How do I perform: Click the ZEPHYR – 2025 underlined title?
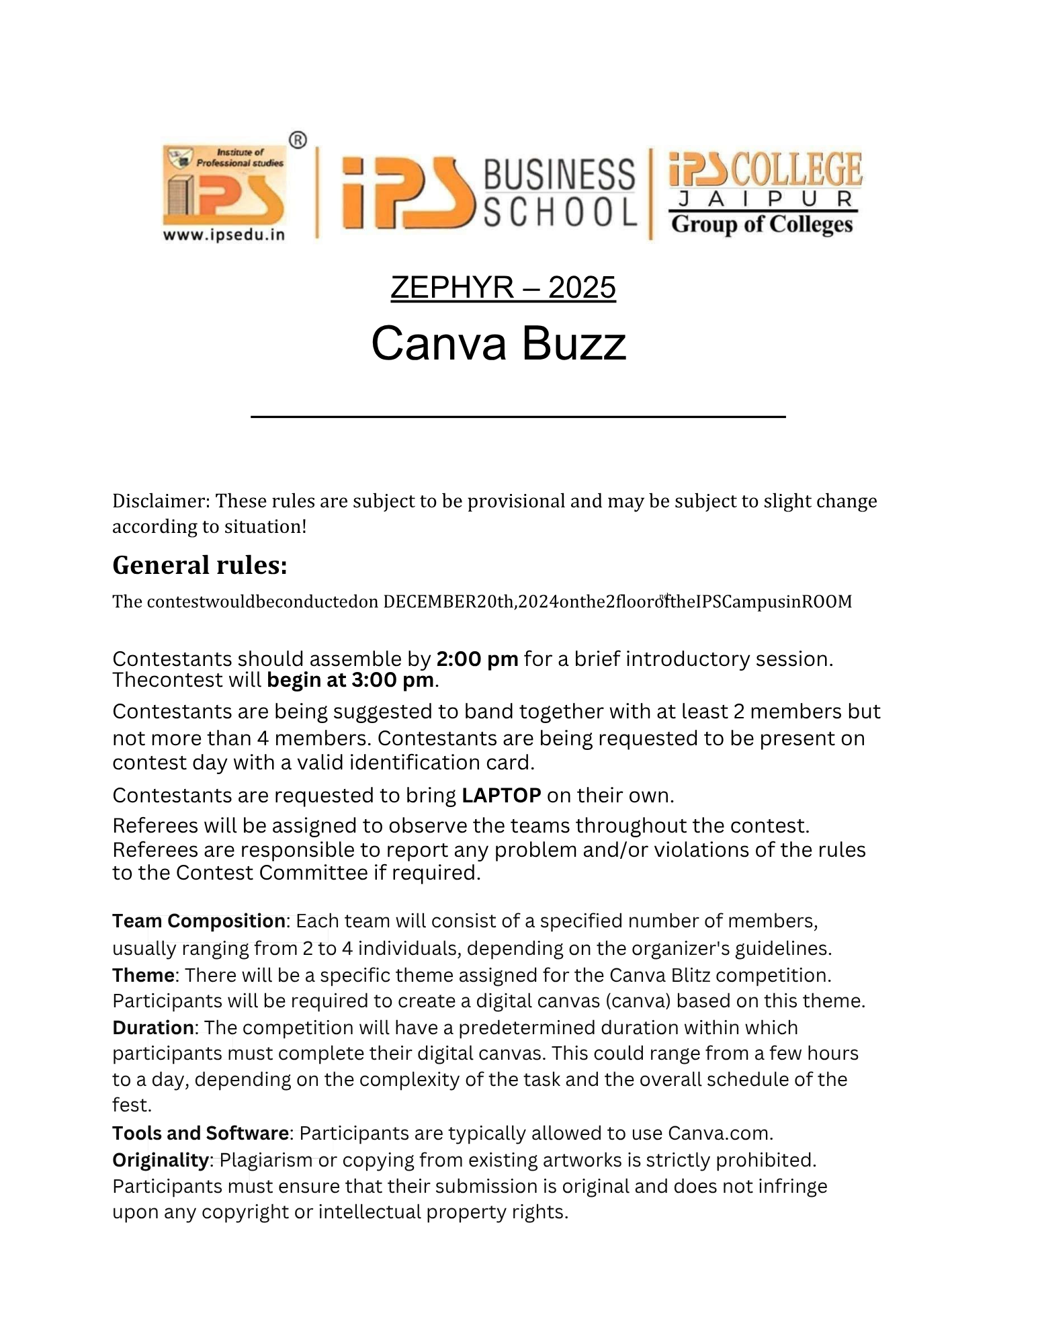(x=503, y=288)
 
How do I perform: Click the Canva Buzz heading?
(x=499, y=343)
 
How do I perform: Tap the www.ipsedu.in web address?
(x=224, y=235)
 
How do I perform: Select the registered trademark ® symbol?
(x=298, y=140)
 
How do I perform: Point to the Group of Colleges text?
(x=762, y=224)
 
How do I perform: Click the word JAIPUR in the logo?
(x=765, y=199)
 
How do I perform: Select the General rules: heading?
(x=200, y=565)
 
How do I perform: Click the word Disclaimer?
(x=161, y=501)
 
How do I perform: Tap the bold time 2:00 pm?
(x=477, y=659)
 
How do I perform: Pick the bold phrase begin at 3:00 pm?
(x=350, y=680)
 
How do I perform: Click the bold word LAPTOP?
(x=501, y=796)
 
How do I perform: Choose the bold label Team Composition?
(x=199, y=921)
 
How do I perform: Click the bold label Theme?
(x=143, y=975)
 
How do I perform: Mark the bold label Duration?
(x=153, y=1027)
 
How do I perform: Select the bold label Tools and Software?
(x=200, y=1133)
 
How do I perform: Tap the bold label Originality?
(x=161, y=1160)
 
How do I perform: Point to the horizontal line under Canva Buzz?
(x=518, y=417)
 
